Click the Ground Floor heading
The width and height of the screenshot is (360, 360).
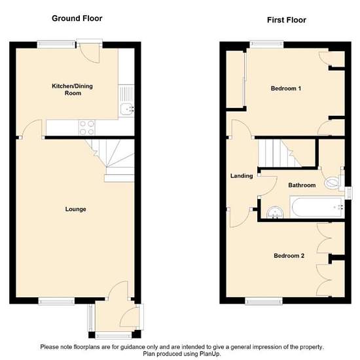(77, 18)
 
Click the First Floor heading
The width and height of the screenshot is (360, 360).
(286, 20)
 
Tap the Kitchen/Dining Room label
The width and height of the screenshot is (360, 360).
(72, 90)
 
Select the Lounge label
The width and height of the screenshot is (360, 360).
(75, 209)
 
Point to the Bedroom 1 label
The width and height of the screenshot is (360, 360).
(286, 88)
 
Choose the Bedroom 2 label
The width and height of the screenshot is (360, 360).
(289, 255)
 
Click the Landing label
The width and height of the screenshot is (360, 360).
(242, 176)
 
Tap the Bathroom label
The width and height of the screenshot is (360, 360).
(302, 185)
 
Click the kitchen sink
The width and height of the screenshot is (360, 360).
(126, 101)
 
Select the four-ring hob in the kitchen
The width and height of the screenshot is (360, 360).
(87, 128)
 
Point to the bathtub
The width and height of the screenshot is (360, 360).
(317, 207)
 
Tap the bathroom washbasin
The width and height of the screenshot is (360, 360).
(275, 212)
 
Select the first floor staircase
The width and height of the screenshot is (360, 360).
(287, 153)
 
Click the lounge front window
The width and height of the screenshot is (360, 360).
(56, 301)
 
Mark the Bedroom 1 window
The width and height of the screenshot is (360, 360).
(266, 45)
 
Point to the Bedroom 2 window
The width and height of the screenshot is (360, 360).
(264, 301)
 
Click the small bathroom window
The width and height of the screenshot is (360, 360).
(348, 193)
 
